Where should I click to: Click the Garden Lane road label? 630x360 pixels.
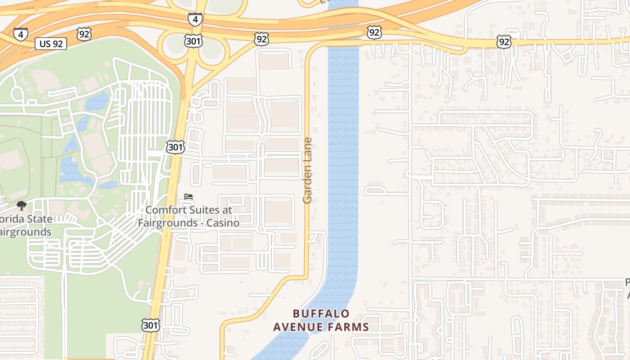tap(307, 171)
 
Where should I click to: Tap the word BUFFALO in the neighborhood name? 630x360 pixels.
tap(321, 313)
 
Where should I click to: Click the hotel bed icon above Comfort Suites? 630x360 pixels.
tap(189, 197)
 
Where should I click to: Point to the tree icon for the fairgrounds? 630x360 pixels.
tap(21, 206)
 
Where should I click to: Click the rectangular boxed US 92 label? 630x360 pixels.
tap(51, 44)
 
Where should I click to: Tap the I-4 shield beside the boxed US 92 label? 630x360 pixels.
tap(21, 34)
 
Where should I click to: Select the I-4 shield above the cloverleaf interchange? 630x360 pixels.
tap(195, 19)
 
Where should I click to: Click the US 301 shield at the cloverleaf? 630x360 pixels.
tap(193, 41)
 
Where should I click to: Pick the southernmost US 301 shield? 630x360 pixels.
tap(150, 325)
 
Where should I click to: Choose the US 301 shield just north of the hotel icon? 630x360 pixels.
tap(175, 147)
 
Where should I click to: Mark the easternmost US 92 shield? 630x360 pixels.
tap(504, 42)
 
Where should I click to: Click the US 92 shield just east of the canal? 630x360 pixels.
tap(374, 32)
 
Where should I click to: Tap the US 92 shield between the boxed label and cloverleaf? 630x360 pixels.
tap(84, 34)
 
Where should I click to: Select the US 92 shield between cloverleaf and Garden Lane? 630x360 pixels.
tap(261, 39)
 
